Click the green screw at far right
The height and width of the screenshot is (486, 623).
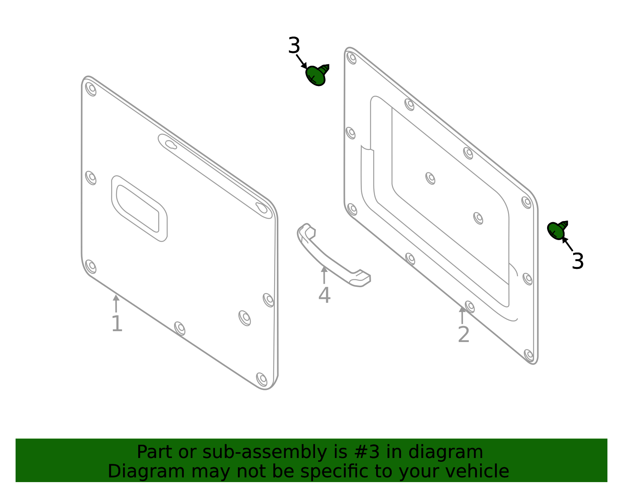557,230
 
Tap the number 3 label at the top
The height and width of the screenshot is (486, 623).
294,46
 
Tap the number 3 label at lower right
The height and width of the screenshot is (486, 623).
577,261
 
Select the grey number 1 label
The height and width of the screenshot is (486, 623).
117,324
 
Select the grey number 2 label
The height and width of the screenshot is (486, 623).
463,335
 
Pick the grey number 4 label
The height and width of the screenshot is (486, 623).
324,295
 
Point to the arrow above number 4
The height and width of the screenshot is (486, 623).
324,274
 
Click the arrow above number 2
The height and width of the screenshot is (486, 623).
462,314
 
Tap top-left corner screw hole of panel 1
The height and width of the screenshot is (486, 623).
91,89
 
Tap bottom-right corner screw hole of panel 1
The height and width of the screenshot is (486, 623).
262,379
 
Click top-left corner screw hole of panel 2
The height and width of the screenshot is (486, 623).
352,58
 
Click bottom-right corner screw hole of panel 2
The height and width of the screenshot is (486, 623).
529,355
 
